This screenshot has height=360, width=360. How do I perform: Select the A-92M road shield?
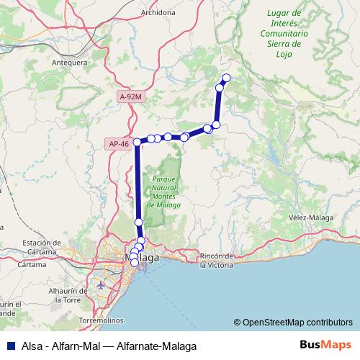(131, 96)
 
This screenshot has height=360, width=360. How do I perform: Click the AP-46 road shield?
(120, 144)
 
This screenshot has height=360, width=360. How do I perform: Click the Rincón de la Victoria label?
(226, 260)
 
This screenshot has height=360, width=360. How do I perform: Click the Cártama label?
(32, 264)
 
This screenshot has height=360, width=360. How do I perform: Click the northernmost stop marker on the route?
(227, 78)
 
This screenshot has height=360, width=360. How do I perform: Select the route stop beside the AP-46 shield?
(137, 143)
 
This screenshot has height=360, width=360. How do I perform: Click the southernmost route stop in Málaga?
(135, 264)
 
